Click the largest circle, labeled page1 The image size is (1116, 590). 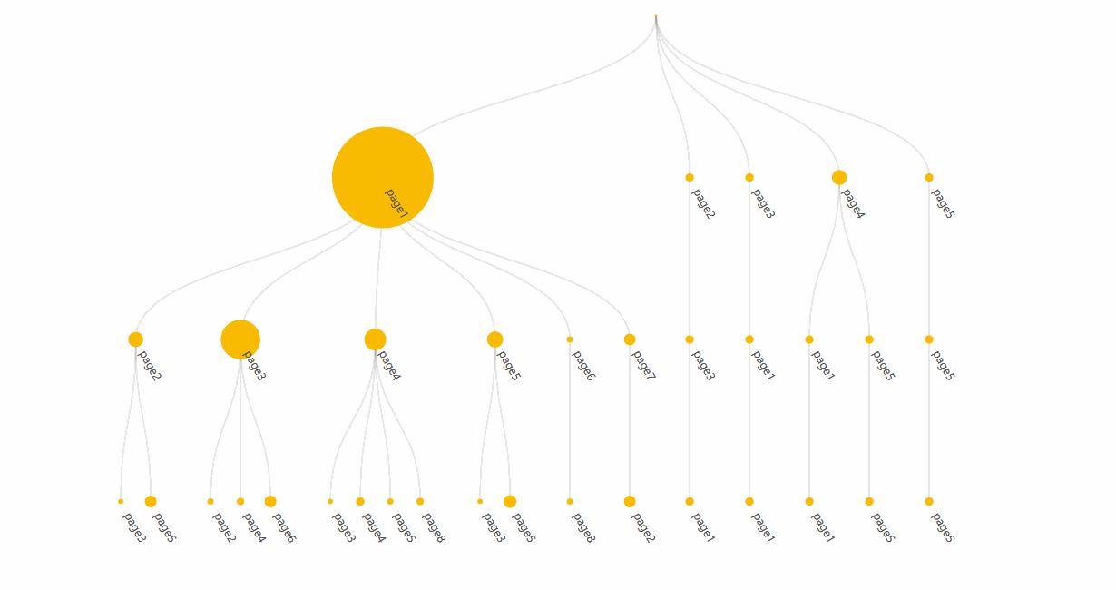click(x=383, y=177)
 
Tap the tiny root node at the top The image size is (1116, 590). click(x=656, y=16)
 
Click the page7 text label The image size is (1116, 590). click(x=643, y=365)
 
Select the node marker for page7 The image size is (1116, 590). click(x=630, y=339)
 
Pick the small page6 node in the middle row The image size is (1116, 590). click(x=570, y=339)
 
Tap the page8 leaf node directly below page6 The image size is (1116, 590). click(x=570, y=501)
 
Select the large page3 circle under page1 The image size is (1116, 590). click(x=240, y=339)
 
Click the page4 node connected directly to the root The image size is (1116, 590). click(x=839, y=177)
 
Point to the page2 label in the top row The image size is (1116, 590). click(x=703, y=203)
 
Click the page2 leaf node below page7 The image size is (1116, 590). click(x=630, y=501)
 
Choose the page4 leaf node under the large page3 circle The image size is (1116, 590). click(x=240, y=501)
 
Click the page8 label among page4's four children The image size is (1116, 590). click(x=434, y=527)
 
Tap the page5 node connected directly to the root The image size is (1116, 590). click(x=929, y=177)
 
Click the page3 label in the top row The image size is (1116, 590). click(x=763, y=203)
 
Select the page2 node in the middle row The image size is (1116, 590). click(x=135, y=339)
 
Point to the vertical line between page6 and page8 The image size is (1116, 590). click(x=570, y=420)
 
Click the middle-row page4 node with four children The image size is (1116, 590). click(x=375, y=339)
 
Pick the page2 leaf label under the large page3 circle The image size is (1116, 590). click(x=224, y=527)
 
